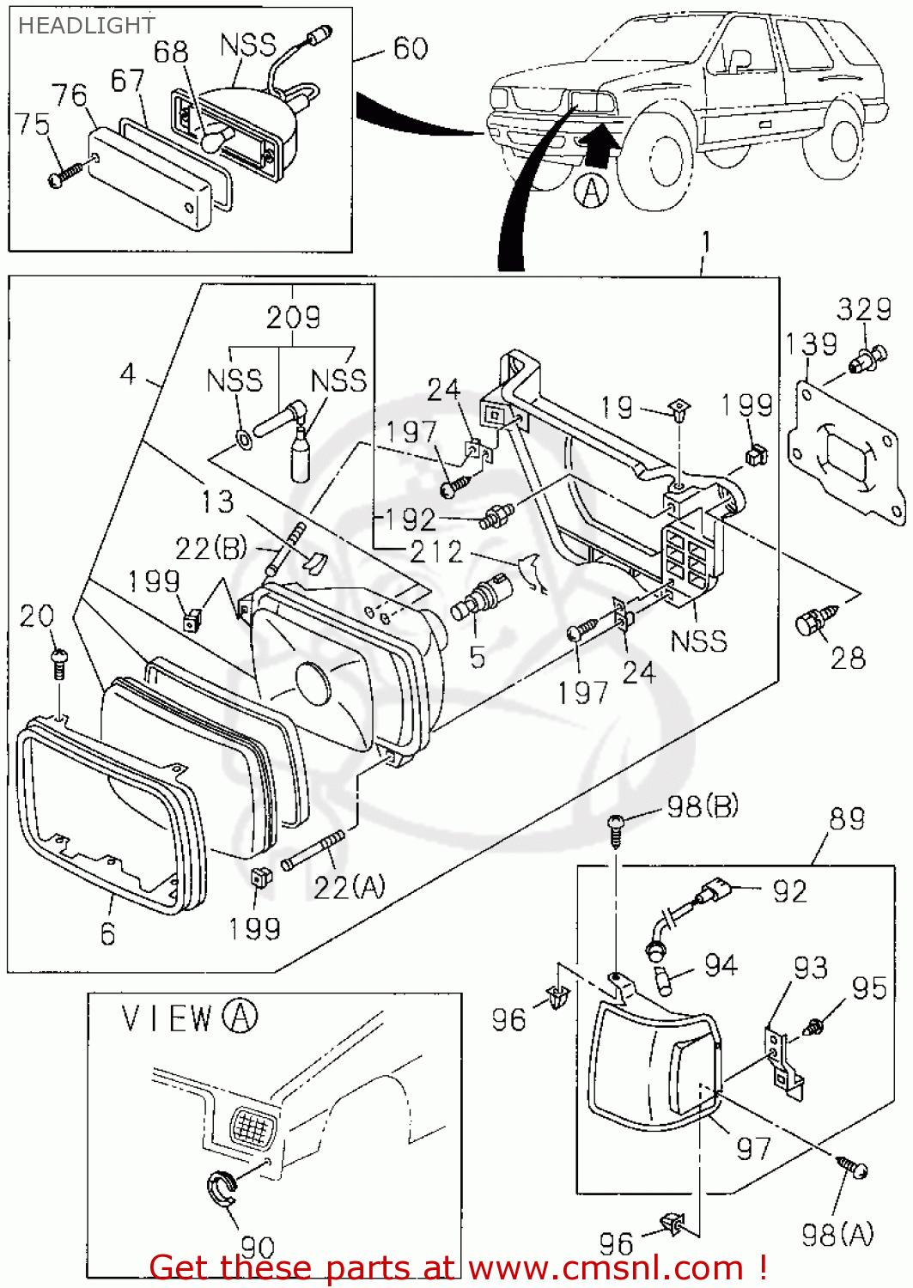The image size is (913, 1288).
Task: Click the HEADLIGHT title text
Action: (x=86, y=26)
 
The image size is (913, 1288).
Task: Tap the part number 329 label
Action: (x=864, y=309)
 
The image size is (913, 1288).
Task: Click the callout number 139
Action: (x=811, y=344)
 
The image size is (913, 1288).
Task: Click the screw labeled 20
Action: (x=59, y=661)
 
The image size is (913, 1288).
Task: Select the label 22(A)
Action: (x=349, y=887)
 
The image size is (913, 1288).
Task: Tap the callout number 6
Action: (x=107, y=933)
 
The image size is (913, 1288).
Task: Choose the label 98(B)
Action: (x=703, y=807)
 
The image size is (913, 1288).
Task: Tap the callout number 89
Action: (x=847, y=818)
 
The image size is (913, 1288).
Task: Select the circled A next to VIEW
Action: (x=240, y=1017)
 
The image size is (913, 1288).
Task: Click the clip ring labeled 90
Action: (x=223, y=1188)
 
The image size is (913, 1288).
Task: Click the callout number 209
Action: (x=293, y=318)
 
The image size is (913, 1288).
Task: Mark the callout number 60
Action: (x=411, y=48)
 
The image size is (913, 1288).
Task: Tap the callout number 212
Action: (x=435, y=551)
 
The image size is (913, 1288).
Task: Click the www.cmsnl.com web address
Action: (x=606, y=1267)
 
